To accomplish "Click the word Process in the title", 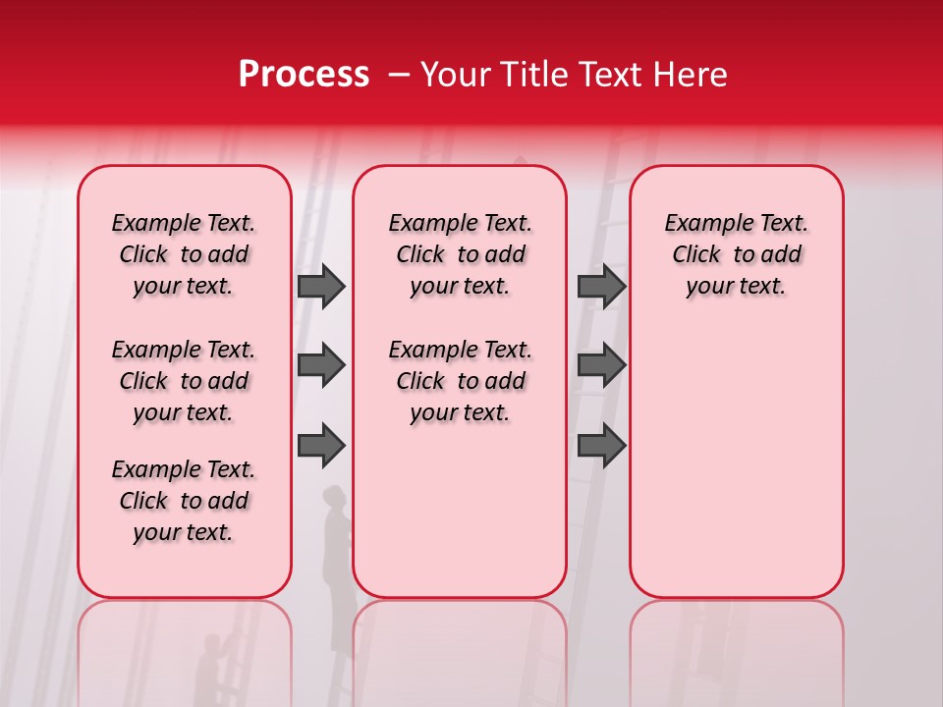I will point(304,75).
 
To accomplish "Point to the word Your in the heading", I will point(455,75).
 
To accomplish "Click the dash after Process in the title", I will point(399,76).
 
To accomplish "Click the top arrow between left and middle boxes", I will point(321,287).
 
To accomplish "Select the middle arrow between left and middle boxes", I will point(321,365).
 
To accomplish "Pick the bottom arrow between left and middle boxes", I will point(321,446).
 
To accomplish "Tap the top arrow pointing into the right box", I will point(601,287).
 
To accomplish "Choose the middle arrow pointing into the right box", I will point(601,365).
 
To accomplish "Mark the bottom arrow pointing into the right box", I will point(601,446).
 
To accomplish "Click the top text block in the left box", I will point(184,254).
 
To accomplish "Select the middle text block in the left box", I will point(184,381).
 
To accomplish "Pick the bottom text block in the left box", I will point(184,501).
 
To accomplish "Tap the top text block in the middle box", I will point(460,254).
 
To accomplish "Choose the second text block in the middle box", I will point(460,381).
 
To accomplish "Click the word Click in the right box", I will point(696,254).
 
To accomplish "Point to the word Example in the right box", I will point(699,223).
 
